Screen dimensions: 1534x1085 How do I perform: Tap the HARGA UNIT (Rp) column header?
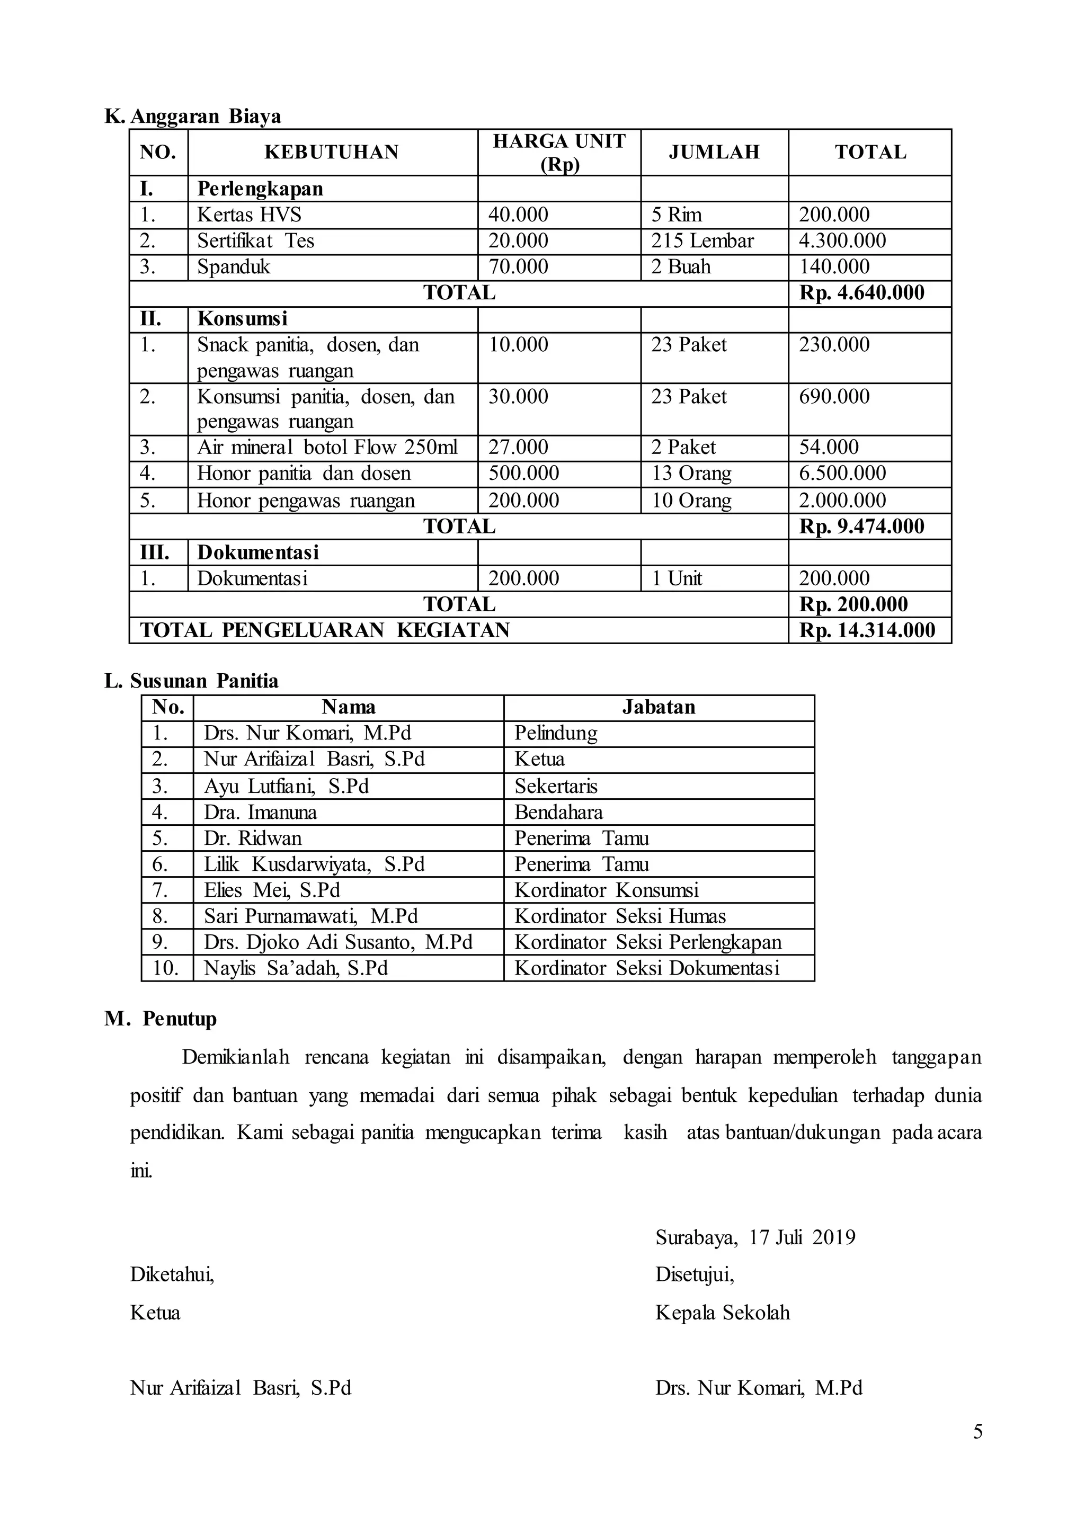point(559,153)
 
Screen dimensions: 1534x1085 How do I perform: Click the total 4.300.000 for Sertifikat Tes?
point(842,240)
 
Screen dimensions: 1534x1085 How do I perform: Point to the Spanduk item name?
point(233,266)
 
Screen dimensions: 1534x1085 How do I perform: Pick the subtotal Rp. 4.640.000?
point(862,292)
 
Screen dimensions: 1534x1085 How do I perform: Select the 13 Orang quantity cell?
point(691,473)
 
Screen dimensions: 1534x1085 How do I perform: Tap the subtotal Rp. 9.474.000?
point(862,527)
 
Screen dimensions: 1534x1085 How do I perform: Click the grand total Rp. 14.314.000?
point(867,630)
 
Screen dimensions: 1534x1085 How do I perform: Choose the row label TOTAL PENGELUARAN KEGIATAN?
point(325,630)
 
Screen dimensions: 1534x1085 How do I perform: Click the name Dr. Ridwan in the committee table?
point(253,838)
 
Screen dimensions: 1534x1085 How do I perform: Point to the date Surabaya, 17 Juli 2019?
point(755,1237)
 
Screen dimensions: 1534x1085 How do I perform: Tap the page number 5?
point(977,1432)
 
